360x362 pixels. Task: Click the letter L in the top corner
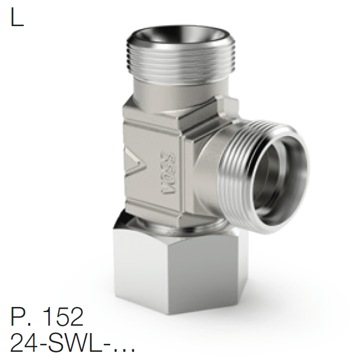point(18,18)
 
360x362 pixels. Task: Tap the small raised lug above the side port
point(227,107)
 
